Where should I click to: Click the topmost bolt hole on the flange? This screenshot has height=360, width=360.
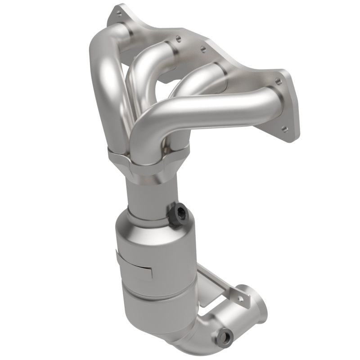[x=119, y=14]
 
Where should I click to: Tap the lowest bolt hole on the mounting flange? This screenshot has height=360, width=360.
[x=284, y=129]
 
